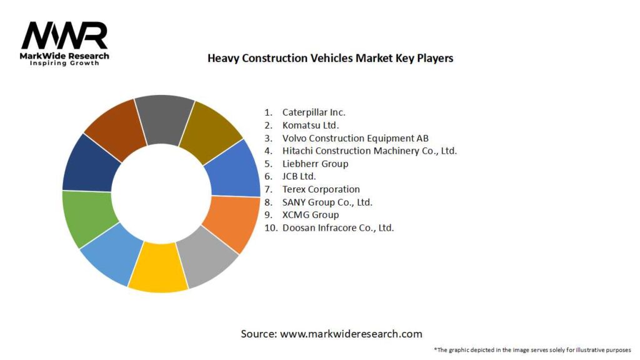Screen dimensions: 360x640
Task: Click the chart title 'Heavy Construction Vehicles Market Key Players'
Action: click(x=330, y=58)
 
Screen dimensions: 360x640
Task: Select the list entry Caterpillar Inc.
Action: click(x=313, y=112)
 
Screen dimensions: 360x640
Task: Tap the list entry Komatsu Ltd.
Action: click(x=311, y=125)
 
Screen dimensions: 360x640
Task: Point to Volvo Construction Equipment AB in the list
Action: click(x=355, y=138)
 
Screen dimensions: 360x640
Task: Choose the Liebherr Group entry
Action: click(x=315, y=164)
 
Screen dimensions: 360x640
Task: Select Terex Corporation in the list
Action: click(x=321, y=189)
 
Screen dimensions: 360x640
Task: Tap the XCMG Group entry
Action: click(x=310, y=215)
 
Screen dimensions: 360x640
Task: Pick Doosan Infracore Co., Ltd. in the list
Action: click(x=337, y=227)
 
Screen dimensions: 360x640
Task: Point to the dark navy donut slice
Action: click(x=89, y=163)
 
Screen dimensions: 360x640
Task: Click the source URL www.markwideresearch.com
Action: click(x=351, y=334)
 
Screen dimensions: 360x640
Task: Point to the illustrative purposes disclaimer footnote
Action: click(x=532, y=349)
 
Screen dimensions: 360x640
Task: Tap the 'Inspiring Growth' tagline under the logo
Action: click(x=64, y=63)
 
